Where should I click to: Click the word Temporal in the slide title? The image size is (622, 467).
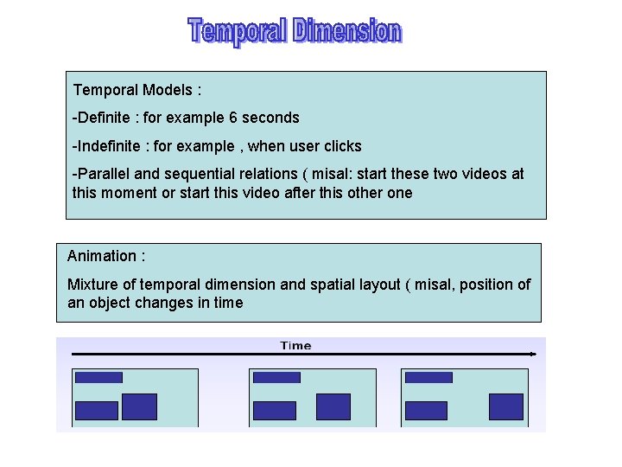(x=238, y=31)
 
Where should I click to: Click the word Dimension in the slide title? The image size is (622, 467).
(x=347, y=31)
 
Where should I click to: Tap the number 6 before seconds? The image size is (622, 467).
(x=233, y=118)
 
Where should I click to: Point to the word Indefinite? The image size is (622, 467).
(x=109, y=146)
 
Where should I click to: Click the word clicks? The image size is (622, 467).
(x=343, y=146)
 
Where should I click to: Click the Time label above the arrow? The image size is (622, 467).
(x=295, y=346)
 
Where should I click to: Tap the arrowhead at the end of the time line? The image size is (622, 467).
(x=532, y=354)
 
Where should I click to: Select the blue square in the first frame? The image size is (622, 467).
(x=139, y=406)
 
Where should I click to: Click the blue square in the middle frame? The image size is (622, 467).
(x=333, y=406)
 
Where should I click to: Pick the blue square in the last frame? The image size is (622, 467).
(x=506, y=406)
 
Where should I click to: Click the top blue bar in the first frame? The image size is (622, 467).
(x=98, y=377)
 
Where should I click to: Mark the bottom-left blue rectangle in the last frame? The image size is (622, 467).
(x=426, y=410)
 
